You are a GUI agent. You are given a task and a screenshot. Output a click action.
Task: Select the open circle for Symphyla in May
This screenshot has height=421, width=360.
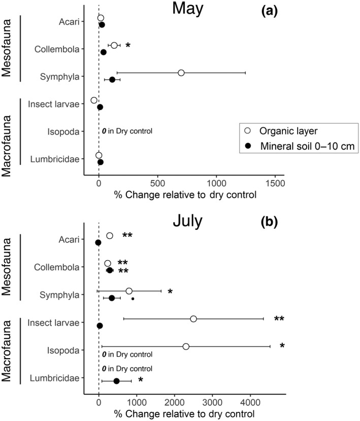pos(181,73)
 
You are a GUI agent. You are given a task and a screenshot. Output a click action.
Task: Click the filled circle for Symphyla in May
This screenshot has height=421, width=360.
pos(112,80)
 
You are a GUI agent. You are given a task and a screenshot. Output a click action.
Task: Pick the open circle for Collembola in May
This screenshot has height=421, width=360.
pos(114,46)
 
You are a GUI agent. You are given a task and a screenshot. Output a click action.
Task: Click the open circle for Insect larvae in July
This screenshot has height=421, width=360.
pos(193,319)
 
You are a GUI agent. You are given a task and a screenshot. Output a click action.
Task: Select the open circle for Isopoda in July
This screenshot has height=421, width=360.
pos(186,346)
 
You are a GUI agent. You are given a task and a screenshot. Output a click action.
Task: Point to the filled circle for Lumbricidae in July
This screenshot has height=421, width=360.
pos(116,381)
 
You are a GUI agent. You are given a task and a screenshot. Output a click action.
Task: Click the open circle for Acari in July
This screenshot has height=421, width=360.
pos(109,236)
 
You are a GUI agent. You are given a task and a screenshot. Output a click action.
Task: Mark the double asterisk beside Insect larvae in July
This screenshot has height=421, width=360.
pos(279,319)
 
